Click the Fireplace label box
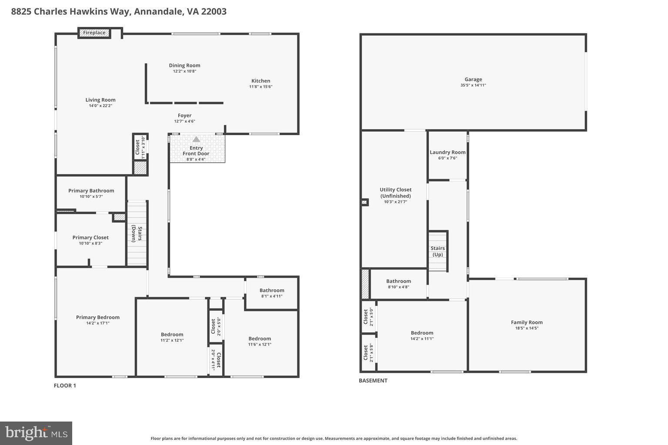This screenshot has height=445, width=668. [94, 33]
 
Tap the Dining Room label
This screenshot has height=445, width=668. [184, 66]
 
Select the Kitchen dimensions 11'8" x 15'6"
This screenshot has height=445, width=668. [261, 87]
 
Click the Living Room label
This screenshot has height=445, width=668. [100, 100]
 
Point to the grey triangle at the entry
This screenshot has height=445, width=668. [196, 139]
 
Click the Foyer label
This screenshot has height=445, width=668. [184, 116]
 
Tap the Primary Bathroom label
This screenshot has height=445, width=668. [91, 191]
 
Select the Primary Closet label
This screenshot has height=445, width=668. [90, 238]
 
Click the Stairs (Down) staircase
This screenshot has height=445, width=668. [137, 234]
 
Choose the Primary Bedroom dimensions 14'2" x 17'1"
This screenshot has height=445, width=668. [97, 323]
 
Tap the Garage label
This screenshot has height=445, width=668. [473, 80]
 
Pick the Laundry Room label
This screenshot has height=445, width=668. [448, 153]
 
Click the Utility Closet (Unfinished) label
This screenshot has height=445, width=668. [395, 193]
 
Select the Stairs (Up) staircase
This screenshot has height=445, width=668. [438, 251]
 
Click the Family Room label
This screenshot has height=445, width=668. [527, 322]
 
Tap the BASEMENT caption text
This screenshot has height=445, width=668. [373, 381]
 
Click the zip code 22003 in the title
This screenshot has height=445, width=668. [213, 11]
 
